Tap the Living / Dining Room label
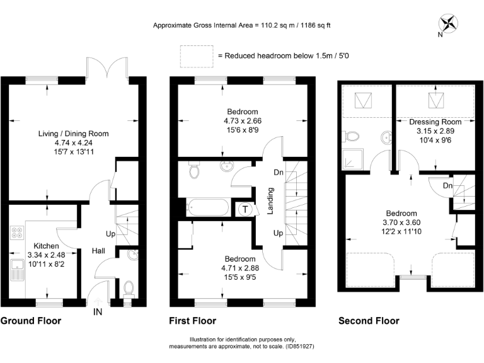pos(74,134)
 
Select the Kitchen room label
pos(47,246)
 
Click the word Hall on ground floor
pos(99,251)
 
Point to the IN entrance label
pos(98,311)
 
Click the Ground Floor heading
pos(31,321)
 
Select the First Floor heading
pos(192,321)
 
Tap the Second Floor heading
pos(369,321)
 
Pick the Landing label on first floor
pos(270,201)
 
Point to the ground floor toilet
pos(128,288)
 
